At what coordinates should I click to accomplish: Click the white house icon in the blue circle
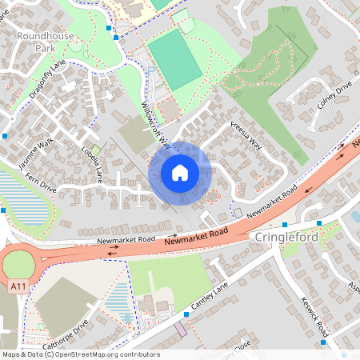tap(180, 172)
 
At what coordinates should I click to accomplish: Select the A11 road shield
tap(18, 284)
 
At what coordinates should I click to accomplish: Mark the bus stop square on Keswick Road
tap(323, 342)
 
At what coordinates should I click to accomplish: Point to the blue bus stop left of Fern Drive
tap(3, 210)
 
